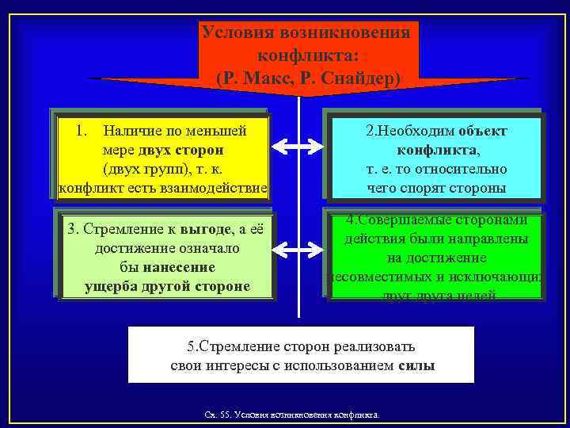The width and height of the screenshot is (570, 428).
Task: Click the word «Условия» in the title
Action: tap(236, 33)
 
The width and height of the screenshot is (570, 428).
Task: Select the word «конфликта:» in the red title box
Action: tap(307, 56)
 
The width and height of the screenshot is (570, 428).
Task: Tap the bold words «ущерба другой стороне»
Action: tap(166, 286)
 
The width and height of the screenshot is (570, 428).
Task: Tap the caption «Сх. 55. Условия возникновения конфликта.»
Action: tap(291, 415)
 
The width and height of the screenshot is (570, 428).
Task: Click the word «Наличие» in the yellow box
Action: tap(130, 129)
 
